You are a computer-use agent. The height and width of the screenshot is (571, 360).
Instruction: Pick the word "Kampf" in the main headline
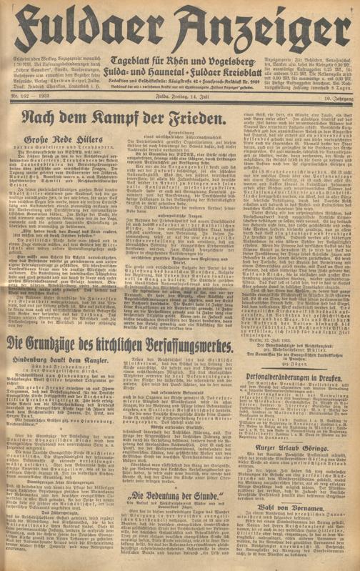154,115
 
